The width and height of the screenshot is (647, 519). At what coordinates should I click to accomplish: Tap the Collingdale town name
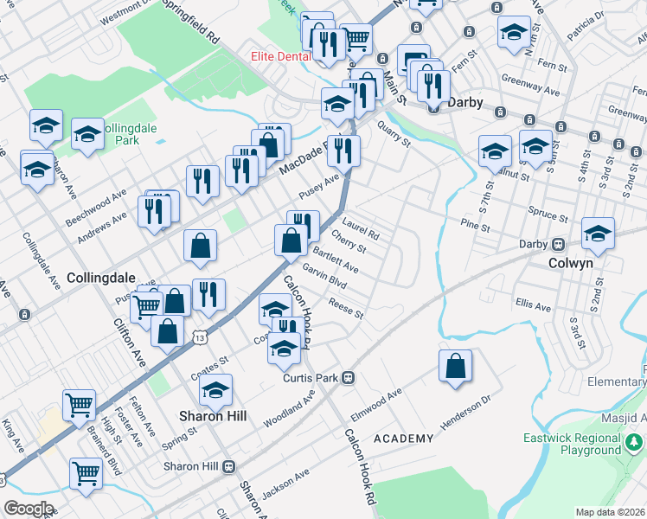[x=101, y=278]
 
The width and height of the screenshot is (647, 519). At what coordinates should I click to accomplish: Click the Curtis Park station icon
[x=349, y=377]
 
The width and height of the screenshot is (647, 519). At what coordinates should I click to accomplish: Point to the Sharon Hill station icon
[x=229, y=466]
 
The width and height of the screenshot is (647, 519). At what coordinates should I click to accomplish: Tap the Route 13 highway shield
[x=199, y=336]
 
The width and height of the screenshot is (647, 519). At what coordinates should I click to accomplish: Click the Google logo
[x=29, y=509]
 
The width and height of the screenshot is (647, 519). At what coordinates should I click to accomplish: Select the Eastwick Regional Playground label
[x=572, y=445]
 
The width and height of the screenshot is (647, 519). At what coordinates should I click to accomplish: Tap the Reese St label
[x=345, y=307]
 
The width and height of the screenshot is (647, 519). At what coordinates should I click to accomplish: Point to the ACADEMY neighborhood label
[x=403, y=439]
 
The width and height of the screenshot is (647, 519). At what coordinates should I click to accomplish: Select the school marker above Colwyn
[x=598, y=233]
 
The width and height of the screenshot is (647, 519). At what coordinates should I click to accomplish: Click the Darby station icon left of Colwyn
[x=559, y=244]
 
